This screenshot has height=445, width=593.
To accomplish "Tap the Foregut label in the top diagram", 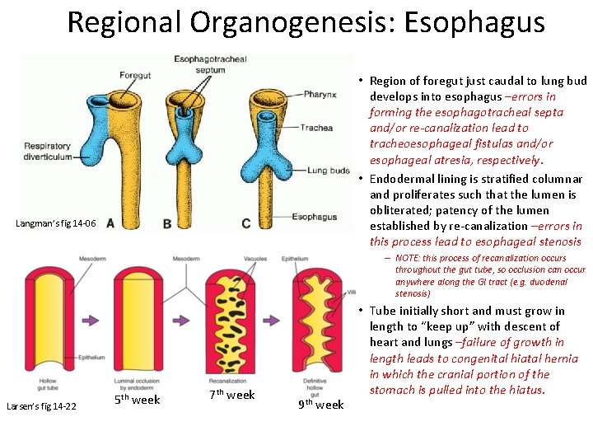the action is click(134, 75).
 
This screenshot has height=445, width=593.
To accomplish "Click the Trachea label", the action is click(316, 128).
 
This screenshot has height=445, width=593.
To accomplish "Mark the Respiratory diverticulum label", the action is click(48, 152).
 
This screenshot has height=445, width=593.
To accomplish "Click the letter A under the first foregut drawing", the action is click(110, 223).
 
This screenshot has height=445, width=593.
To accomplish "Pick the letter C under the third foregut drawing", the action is click(246, 223).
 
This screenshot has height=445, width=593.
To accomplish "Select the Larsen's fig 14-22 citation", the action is click(41, 405).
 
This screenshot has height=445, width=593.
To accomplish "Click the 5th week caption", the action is click(137, 400).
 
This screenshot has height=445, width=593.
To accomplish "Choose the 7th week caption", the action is click(231, 396).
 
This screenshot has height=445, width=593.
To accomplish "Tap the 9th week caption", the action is click(321, 404).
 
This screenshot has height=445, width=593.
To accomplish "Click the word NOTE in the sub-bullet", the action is click(409, 259).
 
